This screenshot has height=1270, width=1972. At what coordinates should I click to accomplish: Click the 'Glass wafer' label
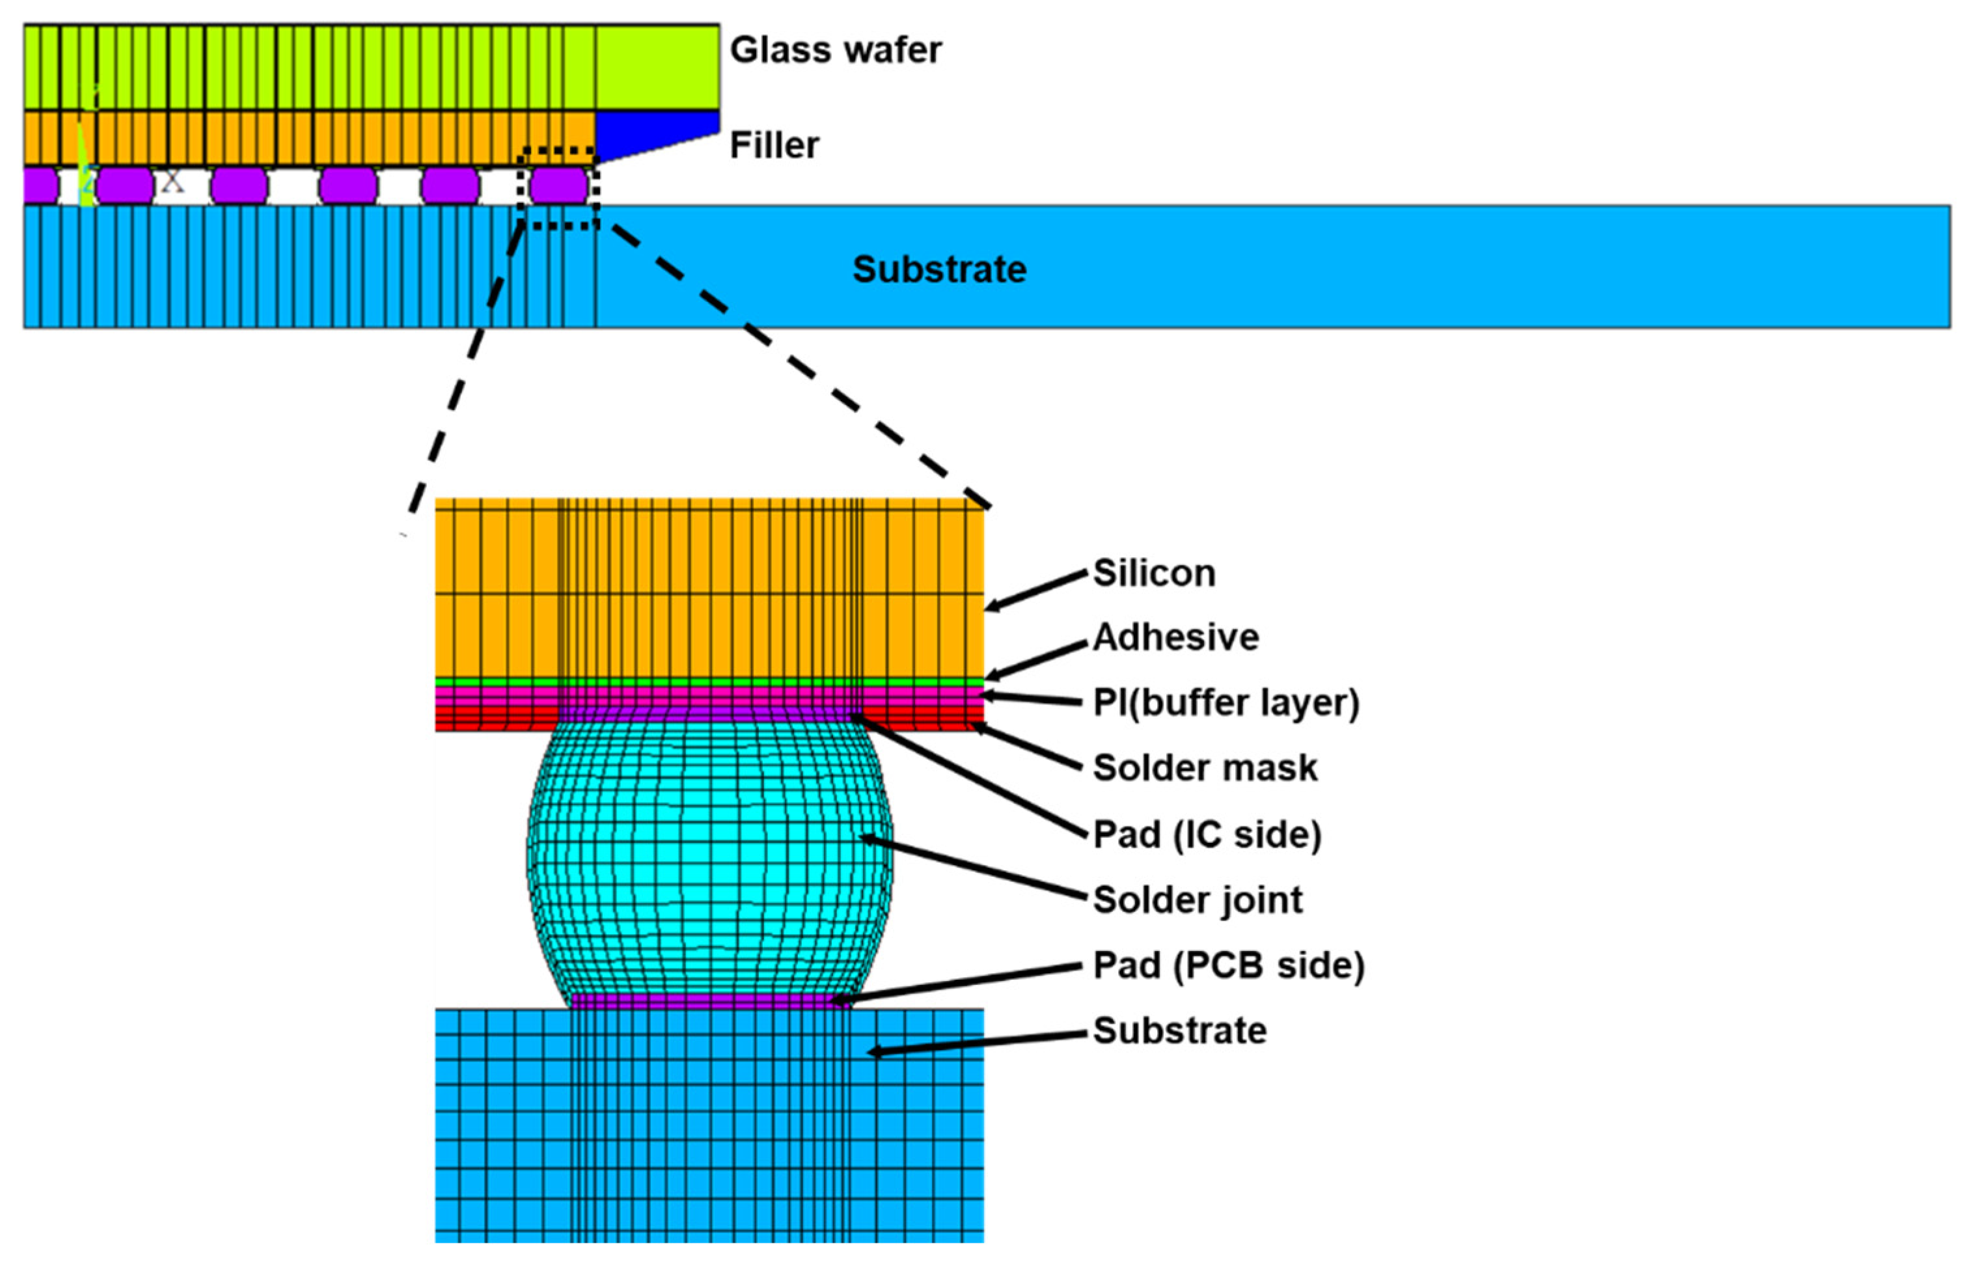tap(834, 50)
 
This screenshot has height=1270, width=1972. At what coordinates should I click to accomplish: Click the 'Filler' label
tap(773, 146)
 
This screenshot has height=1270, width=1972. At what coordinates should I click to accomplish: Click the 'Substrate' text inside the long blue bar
tap(939, 269)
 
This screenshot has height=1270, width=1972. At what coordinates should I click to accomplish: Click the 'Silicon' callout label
tap(1153, 573)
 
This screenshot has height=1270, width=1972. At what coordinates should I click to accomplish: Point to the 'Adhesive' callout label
tap(1175, 637)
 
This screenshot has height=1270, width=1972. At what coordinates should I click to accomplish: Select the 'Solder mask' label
tap(1205, 767)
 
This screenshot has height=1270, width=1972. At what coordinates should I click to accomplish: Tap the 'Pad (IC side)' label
tap(1207, 835)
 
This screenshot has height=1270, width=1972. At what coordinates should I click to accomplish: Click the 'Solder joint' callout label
tap(1197, 900)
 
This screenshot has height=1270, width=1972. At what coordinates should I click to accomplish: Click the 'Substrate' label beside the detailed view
tap(1179, 1031)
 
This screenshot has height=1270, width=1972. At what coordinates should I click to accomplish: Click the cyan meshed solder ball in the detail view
tap(709, 858)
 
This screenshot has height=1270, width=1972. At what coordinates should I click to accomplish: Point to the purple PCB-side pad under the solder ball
tap(709, 1001)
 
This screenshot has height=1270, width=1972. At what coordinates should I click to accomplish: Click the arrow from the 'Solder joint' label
tap(973, 868)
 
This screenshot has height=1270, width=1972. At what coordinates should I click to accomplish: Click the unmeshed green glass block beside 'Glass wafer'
tap(657, 66)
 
